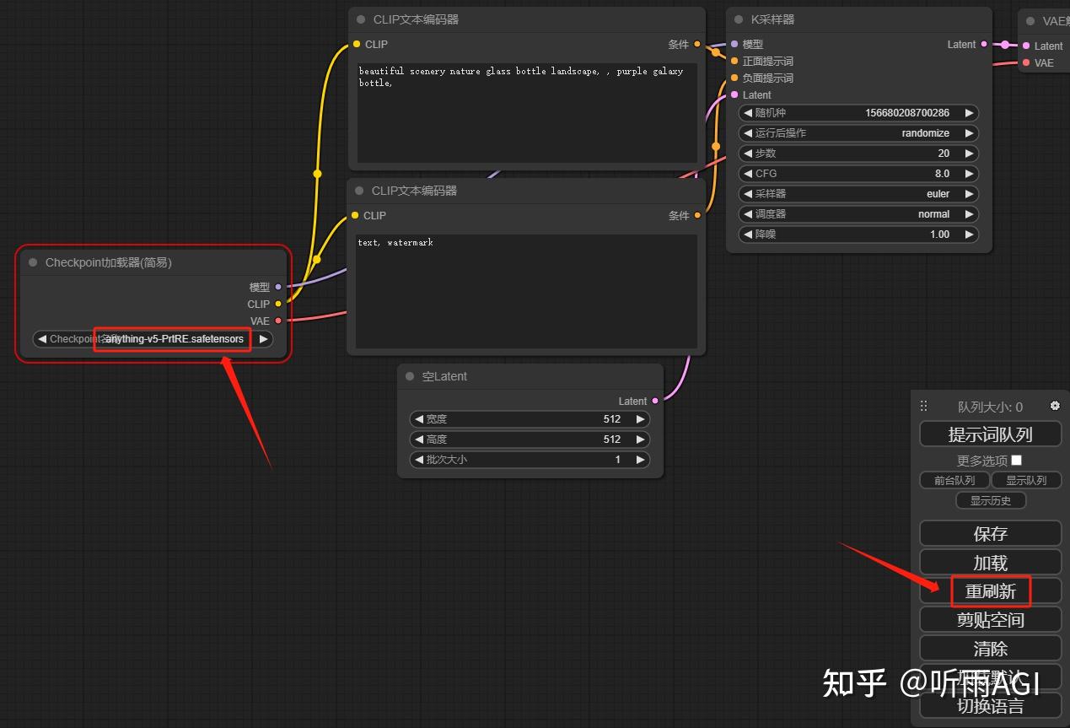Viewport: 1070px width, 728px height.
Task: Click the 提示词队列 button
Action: click(990, 434)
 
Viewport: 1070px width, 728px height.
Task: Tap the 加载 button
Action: click(990, 563)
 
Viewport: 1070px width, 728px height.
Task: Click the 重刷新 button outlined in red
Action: click(991, 591)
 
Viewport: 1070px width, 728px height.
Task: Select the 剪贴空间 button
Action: click(990, 620)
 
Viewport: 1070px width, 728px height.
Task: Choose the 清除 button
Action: click(990, 649)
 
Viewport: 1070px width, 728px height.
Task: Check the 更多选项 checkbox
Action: click(1016, 460)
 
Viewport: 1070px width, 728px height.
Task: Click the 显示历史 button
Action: click(991, 500)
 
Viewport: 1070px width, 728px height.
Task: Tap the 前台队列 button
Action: click(954, 480)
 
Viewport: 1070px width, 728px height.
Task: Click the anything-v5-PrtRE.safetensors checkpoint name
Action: click(173, 339)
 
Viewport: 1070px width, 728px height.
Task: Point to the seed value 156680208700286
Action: click(906, 113)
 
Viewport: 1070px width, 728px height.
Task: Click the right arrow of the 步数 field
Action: click(969, 154)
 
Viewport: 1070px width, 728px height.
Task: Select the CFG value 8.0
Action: click(941, 174)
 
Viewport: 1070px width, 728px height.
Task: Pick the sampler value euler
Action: click(938, 194)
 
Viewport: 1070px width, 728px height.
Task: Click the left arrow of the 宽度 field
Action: click(418, 419)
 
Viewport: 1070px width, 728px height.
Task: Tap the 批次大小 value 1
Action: click(617, 460)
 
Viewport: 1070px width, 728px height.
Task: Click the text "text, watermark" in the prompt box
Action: click(395, 243)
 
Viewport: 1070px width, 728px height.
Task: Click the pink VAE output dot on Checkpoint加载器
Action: click(278, 321)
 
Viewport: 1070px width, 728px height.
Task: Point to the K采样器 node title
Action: click(772, 19)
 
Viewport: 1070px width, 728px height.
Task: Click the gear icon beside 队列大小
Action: click(1055, 406)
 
